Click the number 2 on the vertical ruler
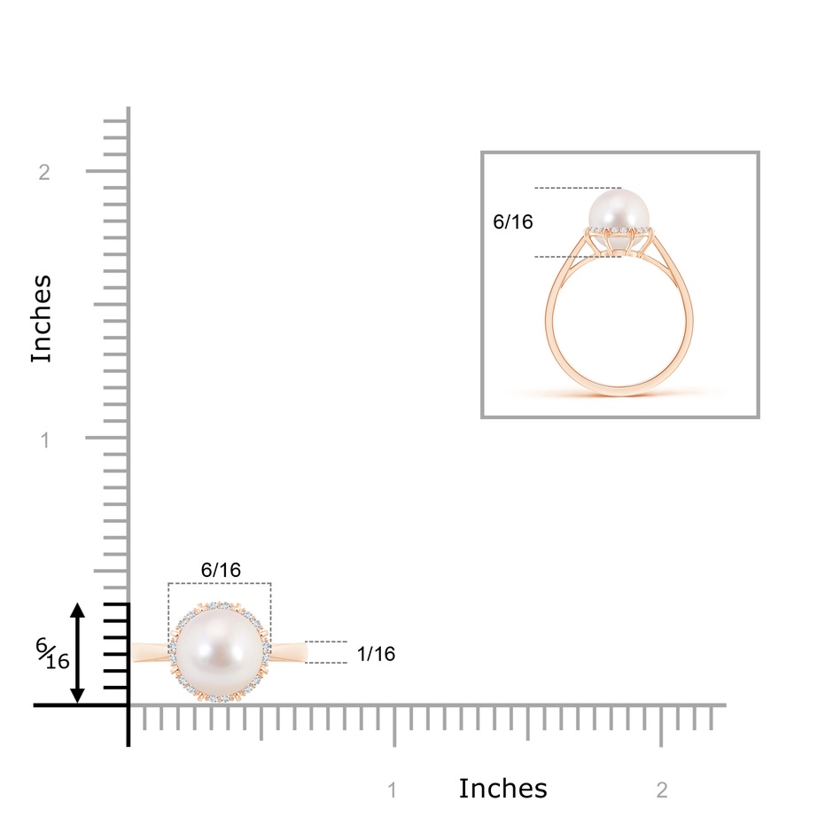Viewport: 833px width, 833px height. [44, 172]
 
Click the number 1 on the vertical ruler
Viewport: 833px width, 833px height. [45, 440]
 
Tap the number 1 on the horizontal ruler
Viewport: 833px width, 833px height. [393, 790]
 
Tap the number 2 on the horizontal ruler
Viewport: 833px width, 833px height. [662, 790]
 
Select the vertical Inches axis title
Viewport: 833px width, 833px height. [42, 319]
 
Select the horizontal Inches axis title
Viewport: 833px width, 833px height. [502, 789]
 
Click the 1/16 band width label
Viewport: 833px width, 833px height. [376, 654]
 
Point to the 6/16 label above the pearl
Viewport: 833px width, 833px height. [221, 570]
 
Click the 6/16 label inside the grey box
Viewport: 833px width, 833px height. [513, 222]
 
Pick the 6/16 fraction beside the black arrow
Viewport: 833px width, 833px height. [52, 654]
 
